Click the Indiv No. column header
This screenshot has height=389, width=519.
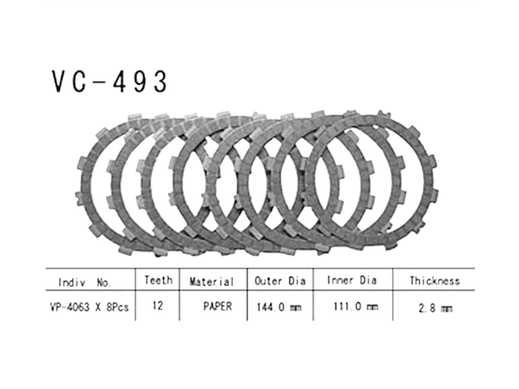click(85, 283)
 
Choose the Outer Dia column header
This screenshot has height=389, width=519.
click(279, 282)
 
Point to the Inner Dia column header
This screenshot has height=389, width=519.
click(352, 282)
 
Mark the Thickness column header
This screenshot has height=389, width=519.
click(434, 282)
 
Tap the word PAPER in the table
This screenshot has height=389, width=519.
click(217, 307)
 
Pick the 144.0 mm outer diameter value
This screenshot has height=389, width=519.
click(279, 307)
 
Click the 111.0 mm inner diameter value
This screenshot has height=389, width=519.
click(352, 307)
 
